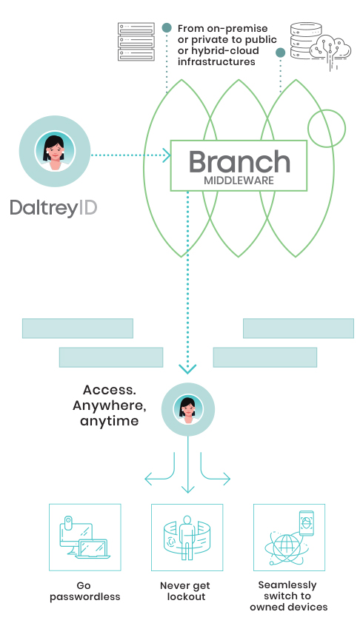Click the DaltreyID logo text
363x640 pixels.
[x=53, y=208]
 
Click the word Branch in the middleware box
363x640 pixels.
[x=239, y=161]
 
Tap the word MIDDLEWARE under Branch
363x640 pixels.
[x=239, y=181]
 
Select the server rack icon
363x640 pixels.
[x=136, y=41]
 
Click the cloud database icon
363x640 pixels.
[x=321, y=46]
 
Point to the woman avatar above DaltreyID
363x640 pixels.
[x=55, y=151]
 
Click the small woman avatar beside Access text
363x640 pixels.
[x=188, y=409]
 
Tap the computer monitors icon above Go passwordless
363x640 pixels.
[x=85, y=537]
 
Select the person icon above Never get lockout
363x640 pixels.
[x=187, y=537]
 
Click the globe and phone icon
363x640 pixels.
[x=290, y=537]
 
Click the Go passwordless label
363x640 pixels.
[x=85, y=591]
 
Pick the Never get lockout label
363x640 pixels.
[x=185, y=591]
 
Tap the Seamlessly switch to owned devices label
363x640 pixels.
[x=289, y=596]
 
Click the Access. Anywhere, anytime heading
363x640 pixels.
[x=109, y=405]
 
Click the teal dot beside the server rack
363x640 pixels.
[x=167, y=28]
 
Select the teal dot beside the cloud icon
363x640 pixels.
[x=281, y=53]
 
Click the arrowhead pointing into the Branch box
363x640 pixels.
[x=167, y=155]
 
